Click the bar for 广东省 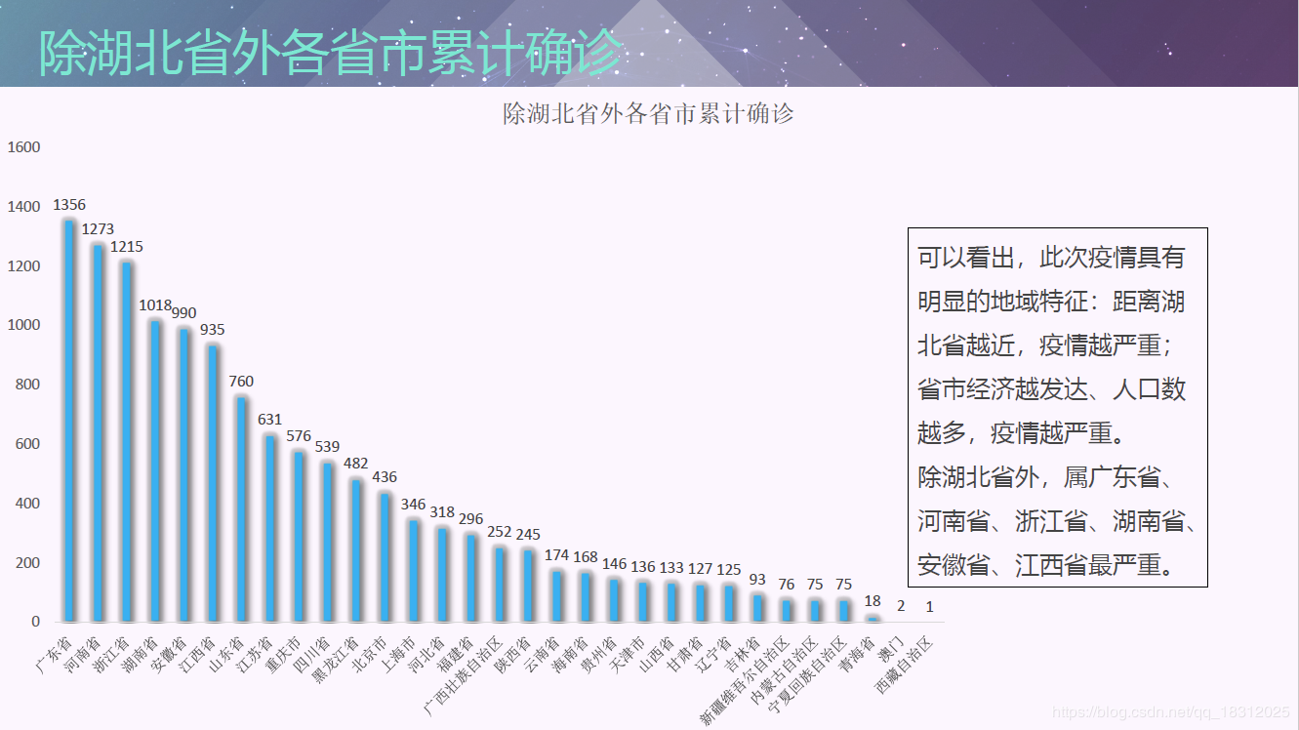click(x=69, y=420)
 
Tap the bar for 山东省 click(x=241, y=508)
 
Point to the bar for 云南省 click(x=557, y=595)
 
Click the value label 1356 click(x=69, y=205)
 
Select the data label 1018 click(x=155, y=305)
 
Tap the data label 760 click(x=241, y=382)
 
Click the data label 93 click(x=757, y=580)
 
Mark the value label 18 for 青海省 click(x=873, y=601)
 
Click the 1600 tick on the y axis click(x=24, y=147)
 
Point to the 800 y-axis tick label click(x=28, y=385)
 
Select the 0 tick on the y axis click(x=36, y=622)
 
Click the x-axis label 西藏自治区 click(x=905, y=665)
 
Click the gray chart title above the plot click(x=648, y=114)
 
